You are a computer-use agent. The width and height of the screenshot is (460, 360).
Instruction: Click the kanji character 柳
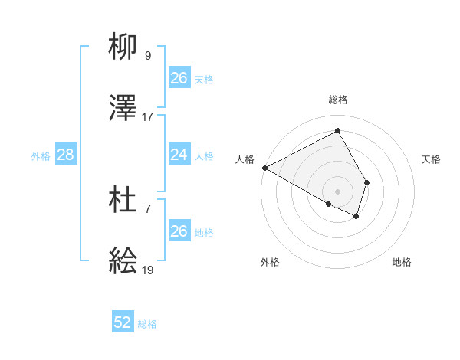pos(123,47)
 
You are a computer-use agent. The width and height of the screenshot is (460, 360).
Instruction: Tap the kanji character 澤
pos(123,109)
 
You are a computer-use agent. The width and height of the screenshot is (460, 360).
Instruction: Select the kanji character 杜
pos(123,201)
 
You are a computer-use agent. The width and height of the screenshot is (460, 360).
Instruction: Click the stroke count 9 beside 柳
pos(148,55)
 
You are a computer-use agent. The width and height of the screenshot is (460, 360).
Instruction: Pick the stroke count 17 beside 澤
pos(148,117)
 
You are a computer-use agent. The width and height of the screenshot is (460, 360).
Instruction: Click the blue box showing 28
pos(65,155)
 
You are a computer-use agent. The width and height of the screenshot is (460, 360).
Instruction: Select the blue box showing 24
pos(179,155)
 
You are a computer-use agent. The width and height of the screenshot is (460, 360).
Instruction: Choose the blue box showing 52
pos(123,322)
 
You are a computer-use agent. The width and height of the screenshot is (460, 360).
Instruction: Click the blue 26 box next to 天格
pos(179,78)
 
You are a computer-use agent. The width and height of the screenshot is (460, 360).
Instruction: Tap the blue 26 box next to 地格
pos(179,231)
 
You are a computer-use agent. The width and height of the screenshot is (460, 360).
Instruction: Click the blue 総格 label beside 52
pos(147,324)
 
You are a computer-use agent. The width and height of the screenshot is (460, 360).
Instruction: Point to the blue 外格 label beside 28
pos(41,156)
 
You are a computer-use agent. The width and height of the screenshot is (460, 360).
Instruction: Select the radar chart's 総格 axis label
pos(338,100)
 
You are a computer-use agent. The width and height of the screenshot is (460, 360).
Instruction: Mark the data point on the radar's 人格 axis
pos(264,168)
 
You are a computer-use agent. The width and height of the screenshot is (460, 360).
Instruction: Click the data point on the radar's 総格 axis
pos(337,130)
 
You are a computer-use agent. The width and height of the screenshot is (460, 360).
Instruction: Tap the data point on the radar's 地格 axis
pos(356,217)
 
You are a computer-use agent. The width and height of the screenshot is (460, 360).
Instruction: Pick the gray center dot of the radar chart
pos(337,191)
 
